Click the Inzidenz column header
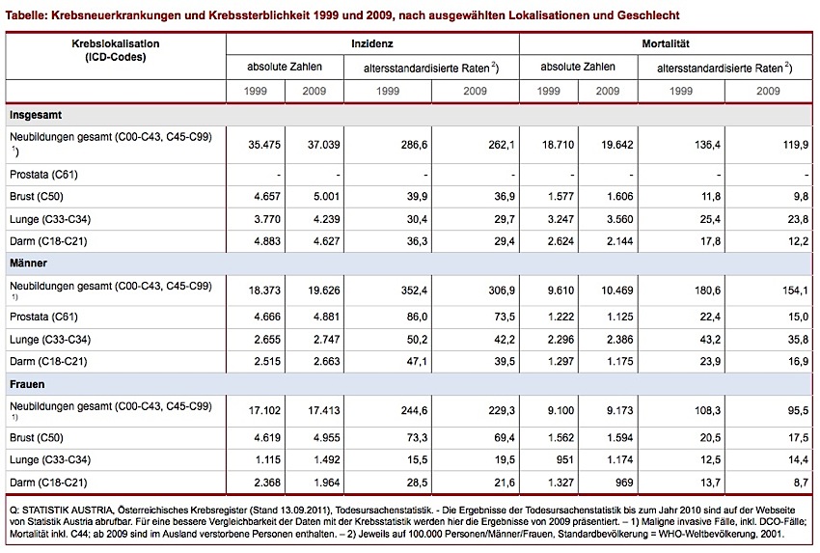coord(371,44)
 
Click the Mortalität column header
coord(666,44)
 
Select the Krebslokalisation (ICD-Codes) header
coord(116,50)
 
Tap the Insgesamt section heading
coord(36,115)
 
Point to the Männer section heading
coord(28,263)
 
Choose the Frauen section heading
coord(27,384)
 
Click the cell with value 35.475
coord(264,145)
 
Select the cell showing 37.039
coord(324,145)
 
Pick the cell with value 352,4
coord(414,290)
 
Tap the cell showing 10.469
coord(617,290)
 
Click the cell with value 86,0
coord(417,317)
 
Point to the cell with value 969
coord(624,482)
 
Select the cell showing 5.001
coord(326,196)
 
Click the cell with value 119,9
coord(796,145)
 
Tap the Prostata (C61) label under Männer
coord(43,317)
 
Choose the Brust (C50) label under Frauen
coord(36,437)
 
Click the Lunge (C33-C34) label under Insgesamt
coord(50,219)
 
